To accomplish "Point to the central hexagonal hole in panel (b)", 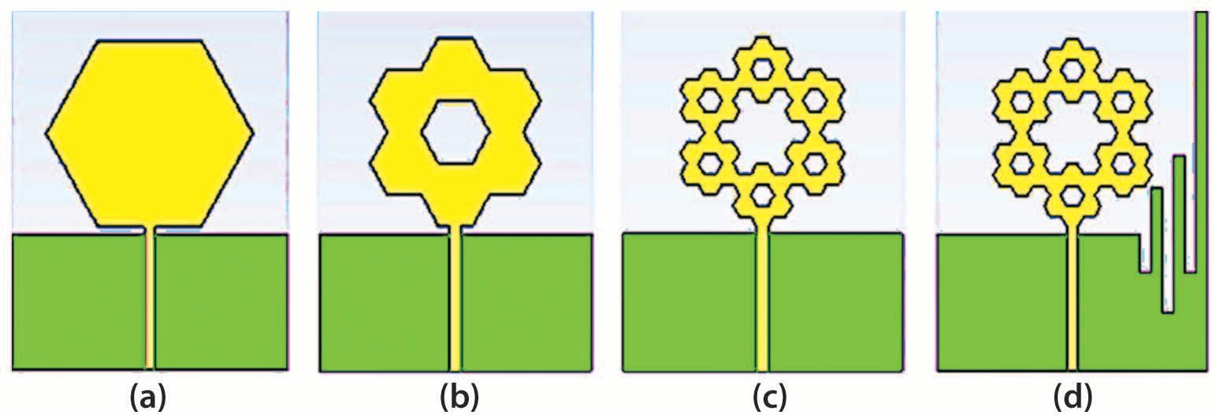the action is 456,132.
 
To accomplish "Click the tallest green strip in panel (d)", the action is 1201,142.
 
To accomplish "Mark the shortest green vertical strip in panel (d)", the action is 1157,229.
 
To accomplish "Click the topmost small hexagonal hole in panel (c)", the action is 761,68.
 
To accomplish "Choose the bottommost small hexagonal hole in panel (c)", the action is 761,193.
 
